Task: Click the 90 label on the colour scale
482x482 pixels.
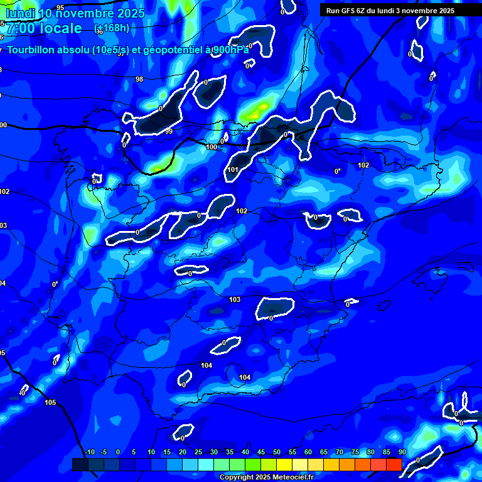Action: point(402,452)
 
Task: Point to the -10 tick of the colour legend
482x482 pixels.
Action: point(90,452)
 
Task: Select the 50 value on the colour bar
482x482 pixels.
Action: point(277,452)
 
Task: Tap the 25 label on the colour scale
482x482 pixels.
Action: point(198,452)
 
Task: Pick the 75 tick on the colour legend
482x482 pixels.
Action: point(355,452)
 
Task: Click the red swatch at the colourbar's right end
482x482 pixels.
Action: point(394,464)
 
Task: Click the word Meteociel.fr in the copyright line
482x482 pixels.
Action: point(293,478)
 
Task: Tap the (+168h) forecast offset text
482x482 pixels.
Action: point(112,28)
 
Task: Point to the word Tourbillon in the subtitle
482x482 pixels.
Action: point(31,50)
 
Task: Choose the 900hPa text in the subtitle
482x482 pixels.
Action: point(230,50)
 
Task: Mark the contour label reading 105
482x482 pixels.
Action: point(50,402)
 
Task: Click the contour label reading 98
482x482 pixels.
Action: point(139,79)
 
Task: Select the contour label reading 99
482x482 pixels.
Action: point(169,131)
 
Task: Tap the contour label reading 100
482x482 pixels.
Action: point(212,147)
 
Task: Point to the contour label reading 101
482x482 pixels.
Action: point(233,169)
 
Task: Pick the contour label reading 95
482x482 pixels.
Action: point(60,8)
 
